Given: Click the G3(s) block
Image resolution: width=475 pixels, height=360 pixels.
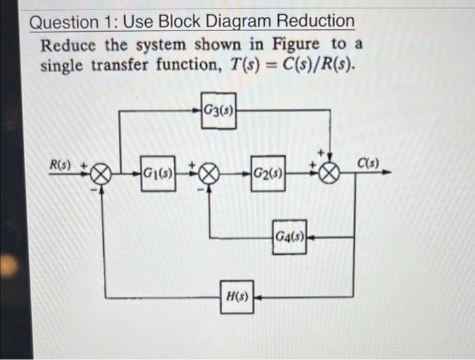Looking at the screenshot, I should [x=219, y=111].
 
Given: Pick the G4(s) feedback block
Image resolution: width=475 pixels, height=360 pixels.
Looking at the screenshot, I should [x=290, y=237].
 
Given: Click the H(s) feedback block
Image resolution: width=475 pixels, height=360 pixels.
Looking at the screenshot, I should [x=237, y=297].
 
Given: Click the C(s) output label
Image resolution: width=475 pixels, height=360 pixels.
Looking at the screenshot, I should [x=369, y=163].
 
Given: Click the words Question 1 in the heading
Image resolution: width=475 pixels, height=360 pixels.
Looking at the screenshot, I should [x=65, y=22].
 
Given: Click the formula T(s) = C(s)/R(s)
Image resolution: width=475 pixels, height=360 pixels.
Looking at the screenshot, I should [x=294, y=66].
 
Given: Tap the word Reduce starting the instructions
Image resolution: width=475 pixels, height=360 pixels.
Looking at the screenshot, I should [x=66, y=45].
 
